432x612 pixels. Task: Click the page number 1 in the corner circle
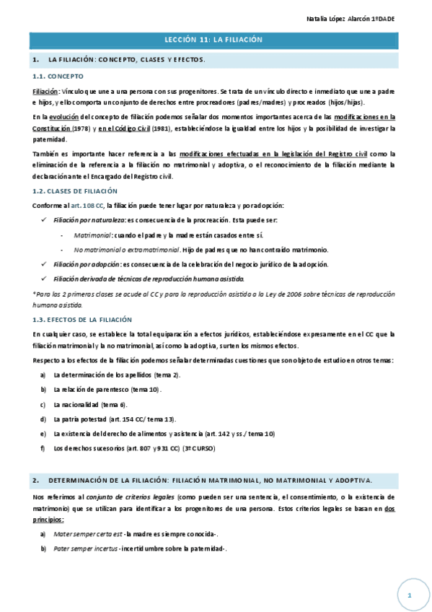tap(409, 595)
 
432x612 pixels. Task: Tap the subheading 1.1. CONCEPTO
tap(58, 76)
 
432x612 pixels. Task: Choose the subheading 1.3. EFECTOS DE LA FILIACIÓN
tap(82, 319)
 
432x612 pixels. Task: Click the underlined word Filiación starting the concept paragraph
tap(46, 92)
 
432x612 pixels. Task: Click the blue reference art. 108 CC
tap(88, 206)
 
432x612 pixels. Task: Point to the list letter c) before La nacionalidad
tap(43, 404)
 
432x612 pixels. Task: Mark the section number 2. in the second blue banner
tap(36, 480)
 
